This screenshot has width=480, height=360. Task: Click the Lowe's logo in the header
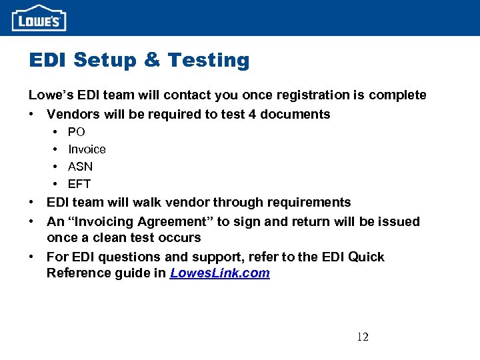click(39, 18)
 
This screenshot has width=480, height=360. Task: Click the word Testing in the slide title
click(209, 61)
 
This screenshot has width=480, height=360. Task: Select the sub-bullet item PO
click(77, 132)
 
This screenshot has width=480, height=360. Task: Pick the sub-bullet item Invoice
click(87, 149)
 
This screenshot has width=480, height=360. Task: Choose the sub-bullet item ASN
click(80, 167)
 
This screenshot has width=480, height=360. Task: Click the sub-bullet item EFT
click(79, 184)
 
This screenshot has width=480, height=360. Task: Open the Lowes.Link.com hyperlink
click(220, 273)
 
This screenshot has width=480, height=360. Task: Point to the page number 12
click(363, 337)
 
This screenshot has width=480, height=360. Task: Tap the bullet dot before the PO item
click(53, 132)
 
